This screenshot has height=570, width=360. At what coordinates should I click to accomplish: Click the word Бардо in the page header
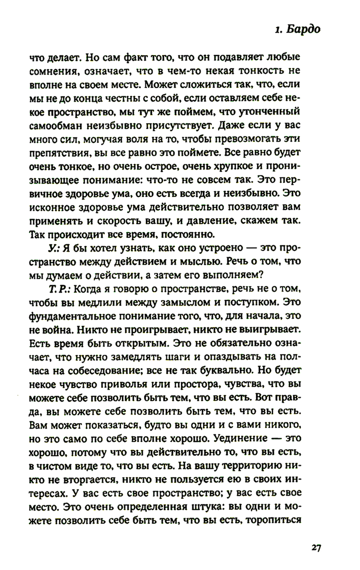(x=303, y=29)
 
